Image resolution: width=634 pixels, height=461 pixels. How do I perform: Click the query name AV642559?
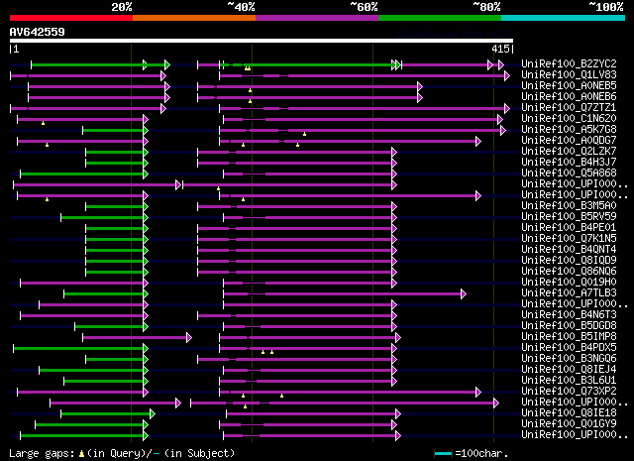coord(37,31)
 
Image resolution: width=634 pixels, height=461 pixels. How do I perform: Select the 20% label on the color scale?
coord(122,7)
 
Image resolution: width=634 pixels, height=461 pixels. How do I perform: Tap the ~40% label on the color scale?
coord(241,7)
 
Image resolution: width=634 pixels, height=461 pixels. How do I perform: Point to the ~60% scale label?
coord(364,7)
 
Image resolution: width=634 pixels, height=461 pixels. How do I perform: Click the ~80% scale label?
coord(486,7)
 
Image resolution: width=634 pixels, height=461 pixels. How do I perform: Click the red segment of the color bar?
coord(69,18)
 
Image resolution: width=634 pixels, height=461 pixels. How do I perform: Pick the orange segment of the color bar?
coord(193,18)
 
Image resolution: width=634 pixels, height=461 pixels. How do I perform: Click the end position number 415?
coord(499,48)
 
